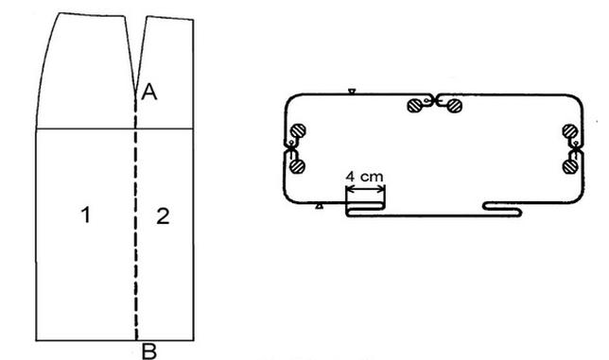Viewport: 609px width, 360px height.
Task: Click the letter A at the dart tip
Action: coord(149,93)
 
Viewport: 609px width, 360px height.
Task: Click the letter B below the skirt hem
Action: coord(149,351)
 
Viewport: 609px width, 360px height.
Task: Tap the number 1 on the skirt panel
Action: coord(86,214)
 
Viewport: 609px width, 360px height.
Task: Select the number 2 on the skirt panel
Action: coord(163,216)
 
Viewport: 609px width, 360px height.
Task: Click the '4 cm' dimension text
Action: coord(364,177)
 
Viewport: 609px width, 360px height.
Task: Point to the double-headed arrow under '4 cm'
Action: coord(365,189)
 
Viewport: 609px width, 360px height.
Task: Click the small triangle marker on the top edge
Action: coord(352,92)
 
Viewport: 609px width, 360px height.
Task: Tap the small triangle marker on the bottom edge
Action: coord(320,206)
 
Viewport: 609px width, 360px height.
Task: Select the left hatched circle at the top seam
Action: coord(415,106)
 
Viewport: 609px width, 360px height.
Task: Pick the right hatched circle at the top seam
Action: coord(454,106)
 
